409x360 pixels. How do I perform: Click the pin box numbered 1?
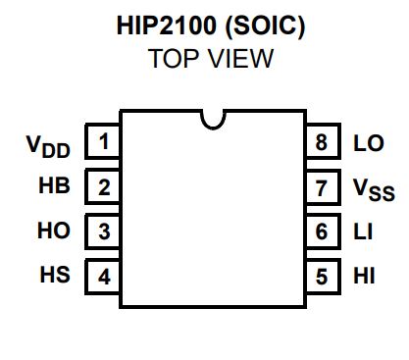click(104, 143)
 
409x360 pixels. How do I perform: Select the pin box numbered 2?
click(104, 186)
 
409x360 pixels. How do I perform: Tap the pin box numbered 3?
click(104, 231)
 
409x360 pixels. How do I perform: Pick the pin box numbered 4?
click(104, 276)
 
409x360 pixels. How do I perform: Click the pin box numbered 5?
click(320, 276)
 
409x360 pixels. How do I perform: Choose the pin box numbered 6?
click(320, 231)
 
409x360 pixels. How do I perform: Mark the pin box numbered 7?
click(320, 186)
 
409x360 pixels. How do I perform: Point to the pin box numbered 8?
click(320, 143)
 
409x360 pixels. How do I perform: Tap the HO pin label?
click(55, 231)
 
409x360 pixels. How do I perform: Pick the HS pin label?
click(55, 276)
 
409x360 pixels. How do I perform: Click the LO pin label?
click(368, 143)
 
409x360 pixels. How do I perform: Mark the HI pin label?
click(362, 276)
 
